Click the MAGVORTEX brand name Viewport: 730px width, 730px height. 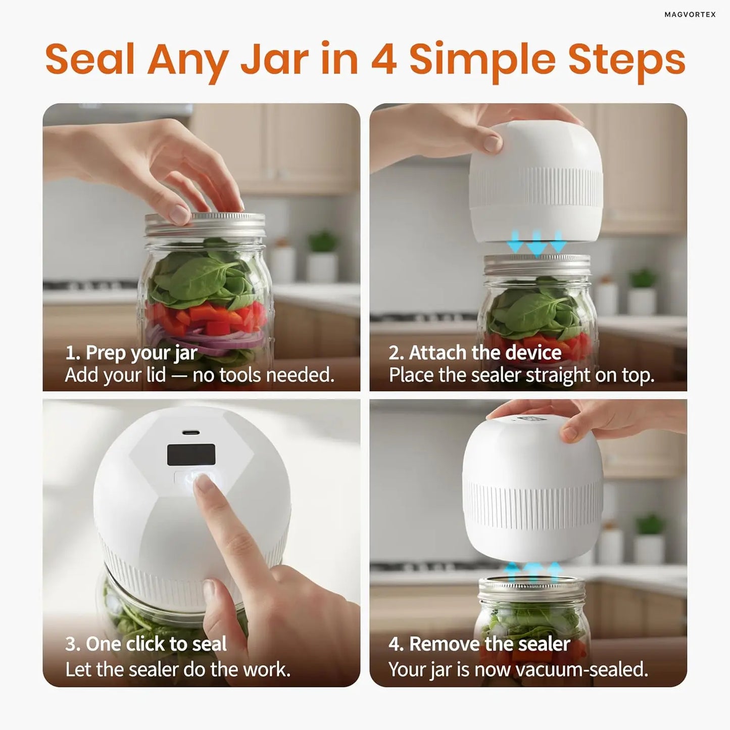click(690, 15)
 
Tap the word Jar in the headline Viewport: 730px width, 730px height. click(273, 60)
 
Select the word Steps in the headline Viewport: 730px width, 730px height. click(626, 60)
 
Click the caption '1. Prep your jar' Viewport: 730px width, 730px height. click(131, 353)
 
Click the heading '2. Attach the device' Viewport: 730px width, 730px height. click(474, 353)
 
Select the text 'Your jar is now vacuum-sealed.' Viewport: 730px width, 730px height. click(518, 669)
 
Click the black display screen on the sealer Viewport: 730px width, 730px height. click(191, 455)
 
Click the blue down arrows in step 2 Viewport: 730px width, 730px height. click(537, 241)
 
